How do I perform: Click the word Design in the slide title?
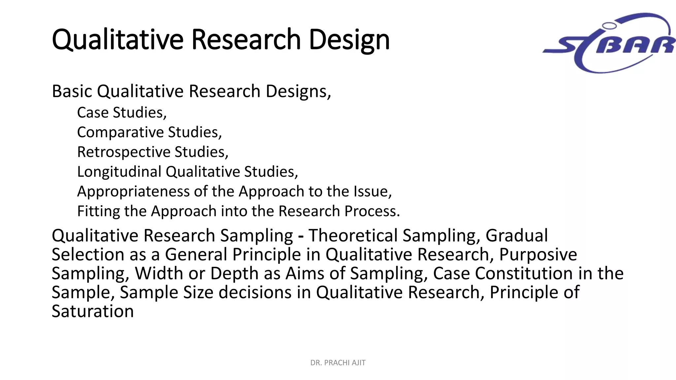point(349,40)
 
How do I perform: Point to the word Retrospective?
point(123,152)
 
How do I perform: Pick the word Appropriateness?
point(133,192)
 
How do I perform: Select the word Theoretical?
point(353,236)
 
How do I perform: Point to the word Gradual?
point(517,236)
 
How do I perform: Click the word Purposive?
point(538,255)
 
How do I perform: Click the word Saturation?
point(93,311)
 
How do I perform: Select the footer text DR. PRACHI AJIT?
point(338,363)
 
